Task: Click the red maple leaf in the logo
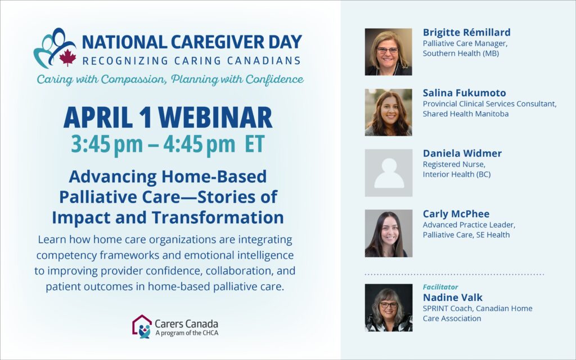pos(67,58)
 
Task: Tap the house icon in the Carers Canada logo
pos(142,326)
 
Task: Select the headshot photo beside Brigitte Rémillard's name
pos(388,52)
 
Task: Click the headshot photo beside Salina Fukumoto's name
pos(388,112)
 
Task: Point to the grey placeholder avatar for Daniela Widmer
pos(389,173)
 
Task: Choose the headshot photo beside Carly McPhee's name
pos(389,233)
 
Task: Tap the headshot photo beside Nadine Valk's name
pos(389,308)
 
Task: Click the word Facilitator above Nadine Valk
pos(440,287)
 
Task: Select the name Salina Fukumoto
pos(464,93)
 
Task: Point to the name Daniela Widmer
pos(462,153)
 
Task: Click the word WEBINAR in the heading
pos(215,118)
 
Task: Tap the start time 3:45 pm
pos(107,143)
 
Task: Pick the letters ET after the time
pos(255,143)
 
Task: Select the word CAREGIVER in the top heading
pos(218,42)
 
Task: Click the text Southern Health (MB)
pos(461,53)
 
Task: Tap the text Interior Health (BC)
pos(457,174)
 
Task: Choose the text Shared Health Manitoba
pos(466,114)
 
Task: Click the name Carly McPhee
pos(456,214)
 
